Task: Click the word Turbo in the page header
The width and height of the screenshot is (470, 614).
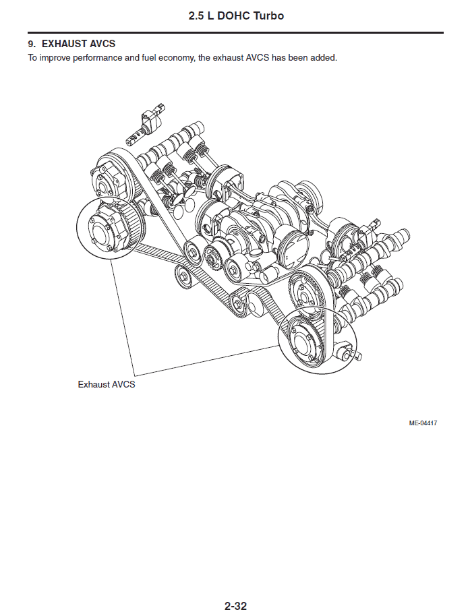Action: [268, 16]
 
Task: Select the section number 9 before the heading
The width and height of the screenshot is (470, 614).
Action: [31, 43]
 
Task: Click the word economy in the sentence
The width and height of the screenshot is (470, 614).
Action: [176, 58]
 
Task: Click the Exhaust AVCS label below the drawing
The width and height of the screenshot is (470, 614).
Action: [107, 385]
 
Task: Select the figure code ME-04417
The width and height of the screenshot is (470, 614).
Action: [423, 423]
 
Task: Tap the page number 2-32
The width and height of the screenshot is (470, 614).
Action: [235, 606]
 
